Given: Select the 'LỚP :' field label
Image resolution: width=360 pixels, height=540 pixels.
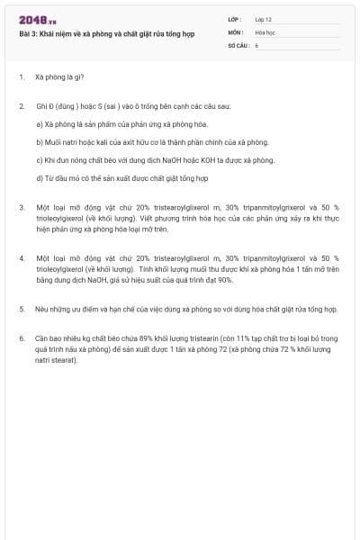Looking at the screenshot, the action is [236, 19].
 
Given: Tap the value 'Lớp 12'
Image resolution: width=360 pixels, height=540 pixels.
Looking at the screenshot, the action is [263, 19].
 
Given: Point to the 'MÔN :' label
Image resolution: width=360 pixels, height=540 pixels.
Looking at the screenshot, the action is [236, 31].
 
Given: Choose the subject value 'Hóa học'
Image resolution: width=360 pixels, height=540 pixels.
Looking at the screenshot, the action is [265, 31].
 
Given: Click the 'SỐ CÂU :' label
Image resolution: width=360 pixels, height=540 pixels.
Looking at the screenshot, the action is [238, 44].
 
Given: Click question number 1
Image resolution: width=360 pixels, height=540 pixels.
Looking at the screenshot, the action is [21, 77].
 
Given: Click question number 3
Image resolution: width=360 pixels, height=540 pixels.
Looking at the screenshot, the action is [21, 207].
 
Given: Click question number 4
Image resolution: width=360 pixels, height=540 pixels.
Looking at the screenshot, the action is [21, 258].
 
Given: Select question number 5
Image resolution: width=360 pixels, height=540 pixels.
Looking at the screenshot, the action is [21, 309].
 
